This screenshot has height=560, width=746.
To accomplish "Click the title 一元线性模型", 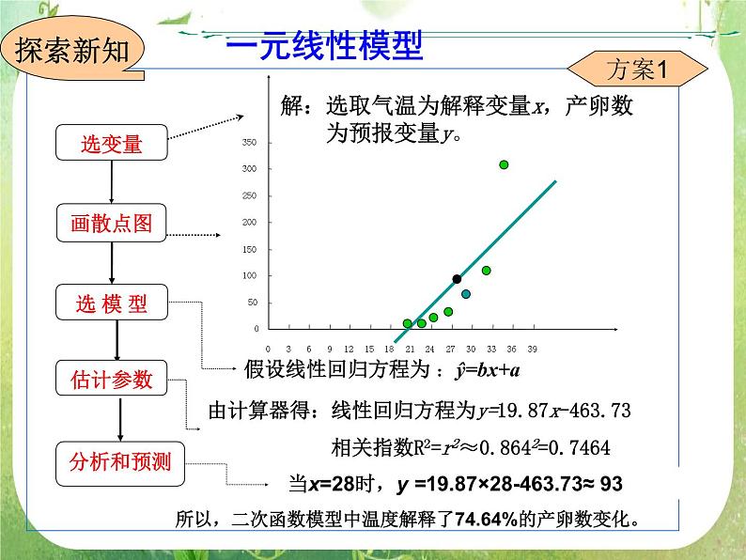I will click(x=326, y=44).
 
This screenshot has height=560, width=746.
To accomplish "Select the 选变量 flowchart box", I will click(x=112, y=144).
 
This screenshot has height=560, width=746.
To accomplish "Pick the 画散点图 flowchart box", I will click(x=112, y=223).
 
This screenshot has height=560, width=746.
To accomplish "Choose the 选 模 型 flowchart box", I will click(x=112, y=303).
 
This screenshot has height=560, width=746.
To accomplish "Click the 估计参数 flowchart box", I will click(x=112, y=380).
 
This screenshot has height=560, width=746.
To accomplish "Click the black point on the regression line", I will click(x=457, y=279).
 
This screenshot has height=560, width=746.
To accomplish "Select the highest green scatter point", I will click(x=504, y=164).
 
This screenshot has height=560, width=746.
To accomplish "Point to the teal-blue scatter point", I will click(x=466, y=294).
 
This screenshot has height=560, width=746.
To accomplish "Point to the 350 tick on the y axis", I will click(x=249, y=143).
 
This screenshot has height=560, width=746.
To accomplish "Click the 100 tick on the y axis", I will click(x=249, y=276).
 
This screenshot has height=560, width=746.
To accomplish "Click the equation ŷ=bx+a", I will click(x=487, y=369).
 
